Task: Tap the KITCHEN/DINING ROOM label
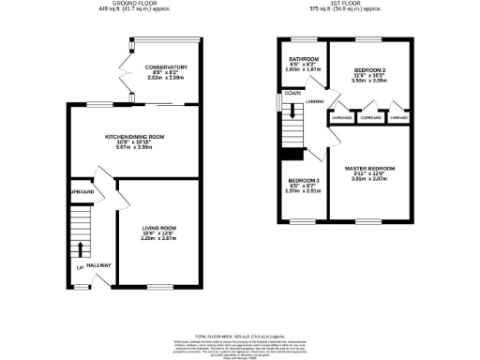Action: click(x=134, y=137)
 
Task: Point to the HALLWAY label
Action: click(x=99, y=265)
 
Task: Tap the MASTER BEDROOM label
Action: click(x=368, y=168)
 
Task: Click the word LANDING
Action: click(x=314, y=101)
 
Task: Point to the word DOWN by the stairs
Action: click(x=292, y=94)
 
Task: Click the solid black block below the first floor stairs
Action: click(x=295, y=156)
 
